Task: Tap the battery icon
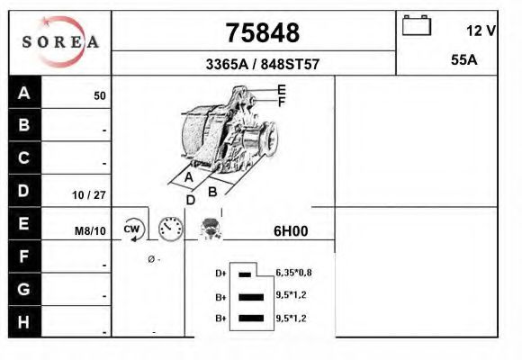point(417,25)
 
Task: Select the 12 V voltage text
point(481,31)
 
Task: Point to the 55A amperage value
point(463,61)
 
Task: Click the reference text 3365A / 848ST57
point(263,65)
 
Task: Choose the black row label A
point(24,93)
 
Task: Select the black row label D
point(24,191)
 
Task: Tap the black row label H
point(24,321)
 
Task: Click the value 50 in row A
point(100,95)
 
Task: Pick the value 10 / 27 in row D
point(89,194)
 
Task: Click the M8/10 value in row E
point(90,231)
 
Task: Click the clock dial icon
point(170,229)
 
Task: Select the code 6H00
point(291,230)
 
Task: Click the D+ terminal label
point(220,273)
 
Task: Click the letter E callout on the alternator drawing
point(281,89)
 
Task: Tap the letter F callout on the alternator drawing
point(281,102)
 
